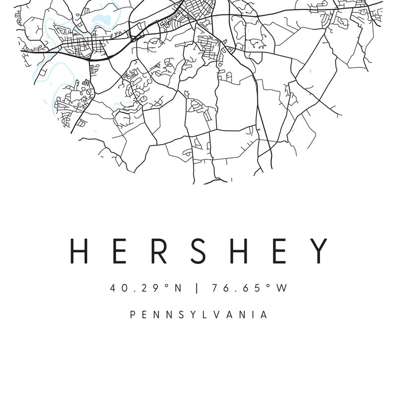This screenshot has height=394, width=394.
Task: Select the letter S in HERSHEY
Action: (x=198, y=251)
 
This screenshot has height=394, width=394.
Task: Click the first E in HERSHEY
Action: (x=119, y=251)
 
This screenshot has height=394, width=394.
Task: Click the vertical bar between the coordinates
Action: (x=197, y=288)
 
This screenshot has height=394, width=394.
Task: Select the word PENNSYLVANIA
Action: (x=198, y=315)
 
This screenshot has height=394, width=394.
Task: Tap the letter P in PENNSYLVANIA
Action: (x=132, y=315)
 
